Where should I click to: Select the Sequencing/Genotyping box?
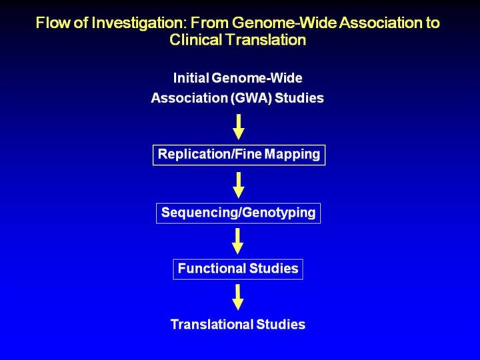coord(239,213)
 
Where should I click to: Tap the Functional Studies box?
coord(238,269)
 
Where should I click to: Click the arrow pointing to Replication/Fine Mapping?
coord(239,127)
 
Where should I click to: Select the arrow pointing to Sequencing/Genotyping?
coord(239,185)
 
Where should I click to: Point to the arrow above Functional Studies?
coord(239,241)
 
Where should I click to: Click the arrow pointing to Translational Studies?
coord(239,297)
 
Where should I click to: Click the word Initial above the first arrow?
coord(192,78)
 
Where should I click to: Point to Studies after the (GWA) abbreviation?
coord(301,98)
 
